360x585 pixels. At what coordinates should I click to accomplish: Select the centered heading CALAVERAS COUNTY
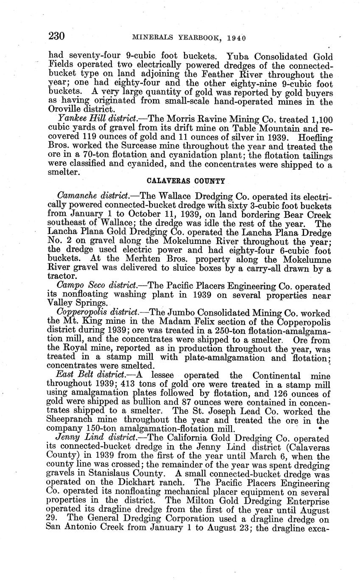coord(186,181)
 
